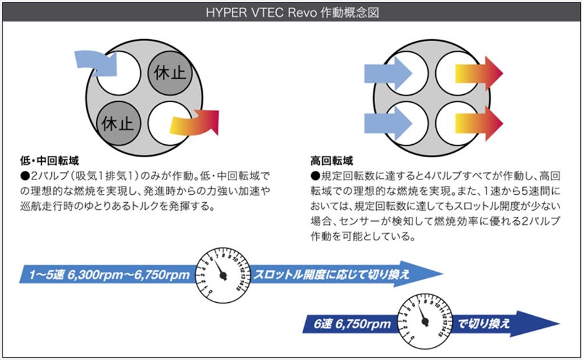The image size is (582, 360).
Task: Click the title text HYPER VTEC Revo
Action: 261,12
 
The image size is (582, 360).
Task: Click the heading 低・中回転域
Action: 49,161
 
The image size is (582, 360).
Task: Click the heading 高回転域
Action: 331,161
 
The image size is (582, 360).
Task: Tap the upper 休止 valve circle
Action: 170,73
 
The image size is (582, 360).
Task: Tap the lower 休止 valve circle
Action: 118,123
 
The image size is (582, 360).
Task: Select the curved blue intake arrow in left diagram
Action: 97,62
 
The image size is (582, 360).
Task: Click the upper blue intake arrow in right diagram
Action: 388,73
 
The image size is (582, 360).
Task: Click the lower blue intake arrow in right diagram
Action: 388,123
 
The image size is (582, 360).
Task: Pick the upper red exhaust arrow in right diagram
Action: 479,73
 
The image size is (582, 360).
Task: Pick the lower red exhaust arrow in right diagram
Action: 479,123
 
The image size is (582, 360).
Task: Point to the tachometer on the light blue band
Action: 223,275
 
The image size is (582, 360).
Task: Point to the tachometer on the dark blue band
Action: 425,322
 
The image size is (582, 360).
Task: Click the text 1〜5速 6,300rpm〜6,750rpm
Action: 110,275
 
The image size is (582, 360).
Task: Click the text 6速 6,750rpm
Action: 352,324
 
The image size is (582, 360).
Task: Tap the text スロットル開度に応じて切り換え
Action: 331,275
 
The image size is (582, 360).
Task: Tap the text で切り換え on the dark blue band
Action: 483,324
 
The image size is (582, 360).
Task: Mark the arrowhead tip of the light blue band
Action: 442,274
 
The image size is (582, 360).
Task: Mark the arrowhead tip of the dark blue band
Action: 559,323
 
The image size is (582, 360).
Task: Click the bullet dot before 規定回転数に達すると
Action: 316,175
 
